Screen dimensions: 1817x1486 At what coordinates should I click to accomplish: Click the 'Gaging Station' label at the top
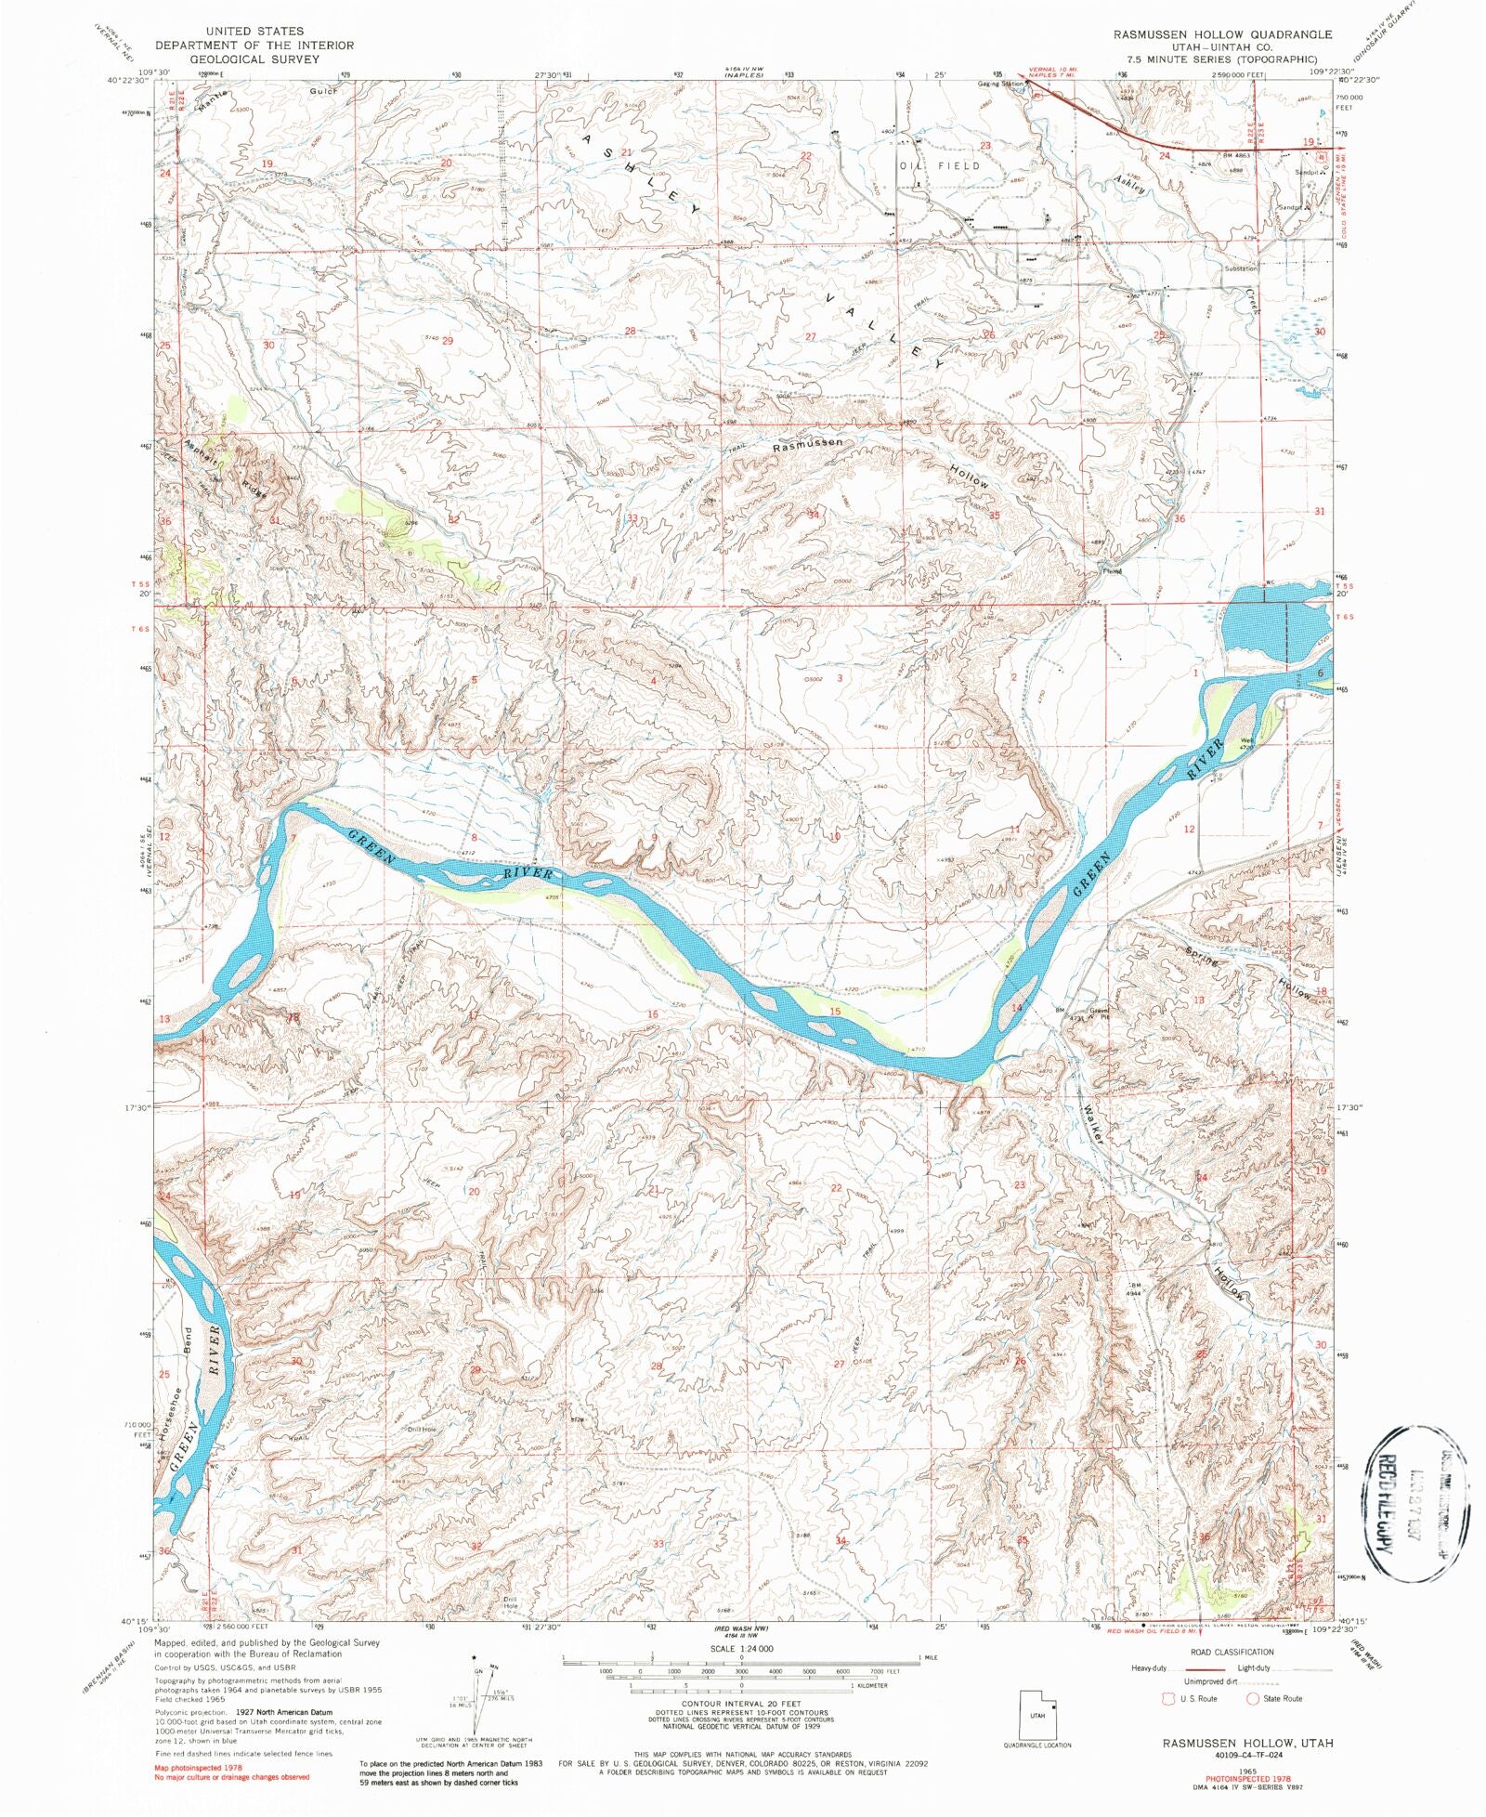tap(999, 84)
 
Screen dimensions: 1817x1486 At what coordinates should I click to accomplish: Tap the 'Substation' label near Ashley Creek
tap(1241, 268)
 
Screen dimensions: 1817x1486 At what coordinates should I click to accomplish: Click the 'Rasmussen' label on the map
tap(808, 445)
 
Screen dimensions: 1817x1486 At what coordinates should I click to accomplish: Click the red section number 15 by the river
tap(835, 1011)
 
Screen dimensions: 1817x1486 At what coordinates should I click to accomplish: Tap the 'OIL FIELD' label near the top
tap(939, 165)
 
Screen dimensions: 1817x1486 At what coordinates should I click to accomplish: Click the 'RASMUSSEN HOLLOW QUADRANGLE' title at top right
tap(1222, 34)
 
